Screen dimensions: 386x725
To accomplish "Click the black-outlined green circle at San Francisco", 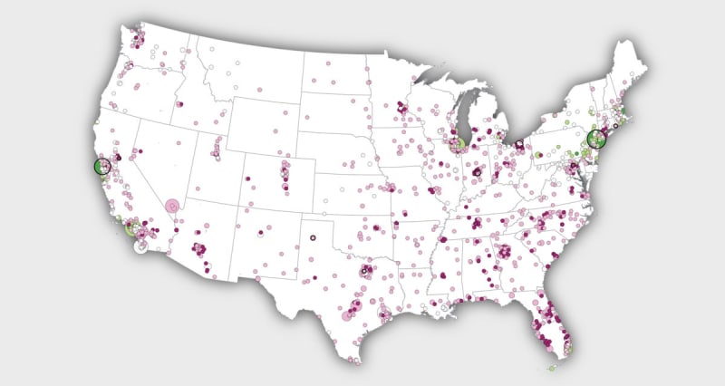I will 102,166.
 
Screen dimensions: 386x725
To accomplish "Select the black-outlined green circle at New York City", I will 595,139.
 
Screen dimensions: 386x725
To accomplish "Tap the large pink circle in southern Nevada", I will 172,206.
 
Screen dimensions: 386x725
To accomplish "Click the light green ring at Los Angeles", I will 130,227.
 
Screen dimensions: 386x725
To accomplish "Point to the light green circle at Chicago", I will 459,144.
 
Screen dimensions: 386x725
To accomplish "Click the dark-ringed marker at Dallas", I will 365,270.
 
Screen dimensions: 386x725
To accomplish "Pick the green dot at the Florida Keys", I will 553,367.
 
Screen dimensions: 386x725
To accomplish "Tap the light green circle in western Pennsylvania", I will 538,155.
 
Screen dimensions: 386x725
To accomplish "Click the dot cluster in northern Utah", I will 217,146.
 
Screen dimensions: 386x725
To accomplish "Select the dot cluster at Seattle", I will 138,39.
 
